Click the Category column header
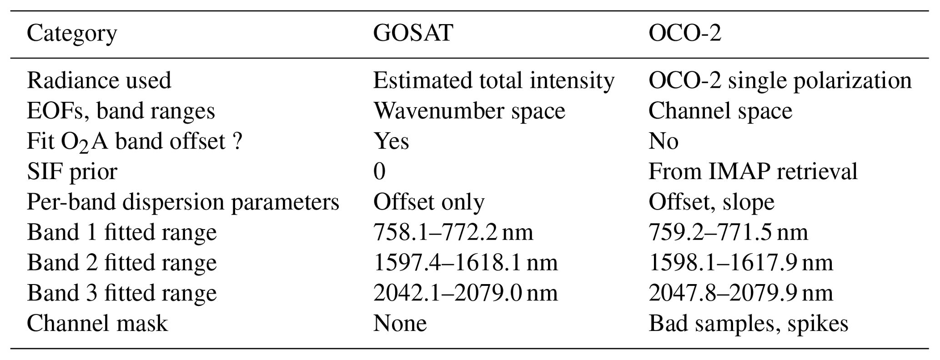pyautogui.click(x=72, y=34)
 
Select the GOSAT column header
pyautogui.click(x=413, y=33)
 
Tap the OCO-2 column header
pyautogui.click(x=685, y=33)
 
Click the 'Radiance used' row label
pyautogui.click(x=99, y=80)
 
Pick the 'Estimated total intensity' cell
pyautogui.click(x=494, y=80)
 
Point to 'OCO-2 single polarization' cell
pyautogui.click(x=780, y=80)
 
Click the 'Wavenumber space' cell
pyautogui.click(x=469, y=111)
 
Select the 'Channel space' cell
pyautogui.click(x=720, y=111)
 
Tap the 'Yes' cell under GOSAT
pyautogui.click(x=391, y=141)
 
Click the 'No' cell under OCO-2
pyautogui.click(x=664, y=141)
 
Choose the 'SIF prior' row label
pyautogui.click(x=72, y=172)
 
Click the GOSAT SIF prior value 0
pyautogui.click(x=379, y=172)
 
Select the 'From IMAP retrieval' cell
pyautogui.click(x=753, y=172)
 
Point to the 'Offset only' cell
pyautogui.click(x=429, y=202)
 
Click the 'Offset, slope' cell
pyautogui.click(x=711, y=202)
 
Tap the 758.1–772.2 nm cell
pyautogui.click(x=453, y=232)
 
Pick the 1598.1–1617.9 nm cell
pyautogui.click(x=740, y=263)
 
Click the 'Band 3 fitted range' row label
pyautogui.click(x=122, y=293)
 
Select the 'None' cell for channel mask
pyautogui.click(x=400, y=324)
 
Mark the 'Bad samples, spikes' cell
pyautogui.click(x=748, y=324)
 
